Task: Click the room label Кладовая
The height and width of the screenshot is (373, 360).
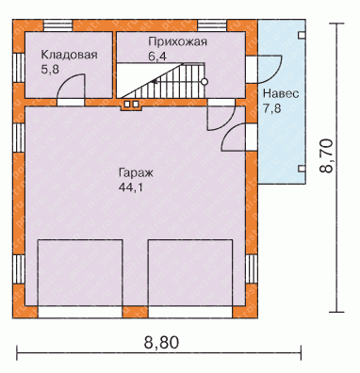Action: pyautogui.click(x=69, y=55)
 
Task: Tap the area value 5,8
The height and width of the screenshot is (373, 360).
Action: pyautogui.click(x=50, y=70)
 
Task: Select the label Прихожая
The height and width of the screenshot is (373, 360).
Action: pyautogui.click(x=178, y=41)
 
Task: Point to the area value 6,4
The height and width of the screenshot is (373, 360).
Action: pyautogui.click(x=157, y=57)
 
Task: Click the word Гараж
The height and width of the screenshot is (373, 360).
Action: pyautogui.click(x=136, y=173)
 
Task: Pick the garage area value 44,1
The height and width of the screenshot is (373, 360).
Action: pyautogui.click(x=130, y=187)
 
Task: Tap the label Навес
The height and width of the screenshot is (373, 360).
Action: pyautogui.click(x=281, y=94)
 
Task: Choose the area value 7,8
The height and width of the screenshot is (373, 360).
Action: pyautogui.click(x=272, y=108)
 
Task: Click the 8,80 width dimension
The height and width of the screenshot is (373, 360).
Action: pyautogui.click(x=161, y=342)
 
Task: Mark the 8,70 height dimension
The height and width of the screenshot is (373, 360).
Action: pyautogui.click(x=326, y=155)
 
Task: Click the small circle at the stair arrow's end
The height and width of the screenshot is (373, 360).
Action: pyautogui.click(x=205, y=82)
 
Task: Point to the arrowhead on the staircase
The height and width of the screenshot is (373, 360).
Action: pyautogui.click(x=154, y=82)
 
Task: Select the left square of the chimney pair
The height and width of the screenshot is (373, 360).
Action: pyautogui.click(x=128, y=105)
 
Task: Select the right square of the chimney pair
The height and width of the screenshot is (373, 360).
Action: pyautogui.click(x=136, y=105)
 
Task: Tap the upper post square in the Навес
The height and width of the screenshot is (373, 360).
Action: pyautogui.click(x=302, y=35)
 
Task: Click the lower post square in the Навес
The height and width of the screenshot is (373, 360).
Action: pyautogui.click(x=302, y=169)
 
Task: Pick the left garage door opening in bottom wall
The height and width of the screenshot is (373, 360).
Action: pyautogui.click(x=80, y=313)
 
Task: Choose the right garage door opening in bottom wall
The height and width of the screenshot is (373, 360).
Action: pyautogui.click(x=190, y=313)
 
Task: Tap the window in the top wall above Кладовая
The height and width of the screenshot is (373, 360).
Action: pyautogui.click(x=58, y=25)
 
